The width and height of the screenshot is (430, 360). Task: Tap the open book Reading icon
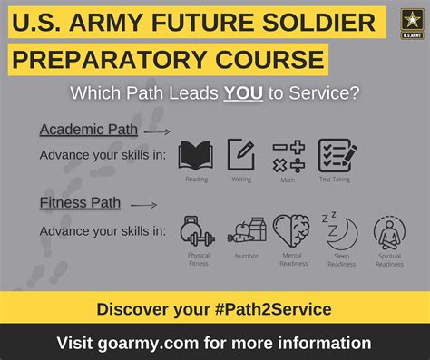coord(195,155)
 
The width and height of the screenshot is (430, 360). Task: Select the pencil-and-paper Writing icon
coord(240,155)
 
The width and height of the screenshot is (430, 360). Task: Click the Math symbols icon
coord(288,155)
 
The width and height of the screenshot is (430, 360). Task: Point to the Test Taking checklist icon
coord(336,155)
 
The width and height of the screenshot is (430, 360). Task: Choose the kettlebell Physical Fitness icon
coord(197,232)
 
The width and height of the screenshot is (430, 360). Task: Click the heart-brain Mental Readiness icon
coord(291,232)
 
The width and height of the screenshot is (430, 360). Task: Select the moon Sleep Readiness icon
coord(340,232)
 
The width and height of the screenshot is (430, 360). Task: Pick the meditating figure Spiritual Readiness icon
coord(389,232)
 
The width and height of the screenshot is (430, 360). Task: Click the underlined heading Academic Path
coord(88,130)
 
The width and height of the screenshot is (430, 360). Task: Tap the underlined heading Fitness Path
coord(80,203)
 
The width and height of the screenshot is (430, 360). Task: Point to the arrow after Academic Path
coord(158,131)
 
